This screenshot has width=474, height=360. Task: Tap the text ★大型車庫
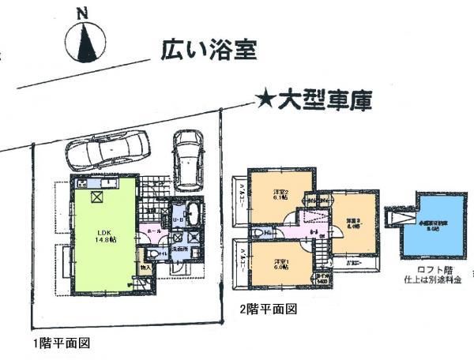(314, 100)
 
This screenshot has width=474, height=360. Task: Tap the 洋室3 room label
(352, 223)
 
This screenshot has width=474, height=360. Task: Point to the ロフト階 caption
(427, 271)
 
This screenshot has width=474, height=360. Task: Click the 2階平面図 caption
(268, 310)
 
